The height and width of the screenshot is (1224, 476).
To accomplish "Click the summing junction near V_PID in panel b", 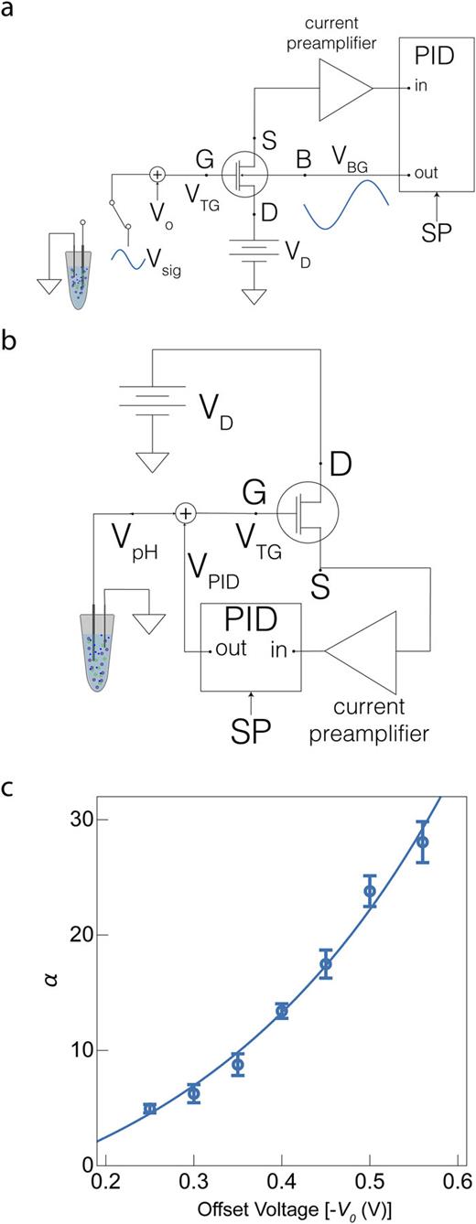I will (x=186, y=514).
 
